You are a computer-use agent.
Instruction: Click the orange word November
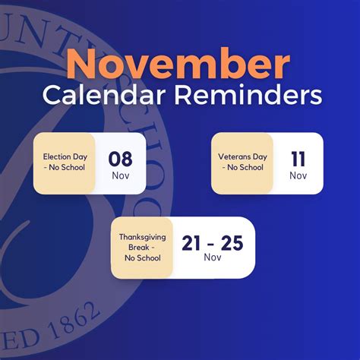click(178, 63)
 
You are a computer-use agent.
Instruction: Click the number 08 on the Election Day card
click(120, 159)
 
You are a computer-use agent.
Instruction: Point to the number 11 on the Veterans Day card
click(298, 159)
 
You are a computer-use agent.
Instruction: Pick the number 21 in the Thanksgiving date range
click(191, 243)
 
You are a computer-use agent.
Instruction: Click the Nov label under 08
click(121, 175)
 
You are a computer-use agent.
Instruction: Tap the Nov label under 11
click(298, 175)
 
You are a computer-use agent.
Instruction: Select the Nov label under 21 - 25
click(213, 257)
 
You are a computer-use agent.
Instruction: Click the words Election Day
click(65, 156)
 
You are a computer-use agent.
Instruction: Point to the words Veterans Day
click(242, 156)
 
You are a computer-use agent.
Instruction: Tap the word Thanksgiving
click(143, 237)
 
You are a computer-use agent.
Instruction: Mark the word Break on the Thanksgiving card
click(139, 247)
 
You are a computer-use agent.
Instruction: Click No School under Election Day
click(67, 167)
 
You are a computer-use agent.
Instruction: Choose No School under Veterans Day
click(245, 167)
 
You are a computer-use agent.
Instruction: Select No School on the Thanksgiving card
click(143, 258)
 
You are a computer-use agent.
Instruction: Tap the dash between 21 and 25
click(211, 245)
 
